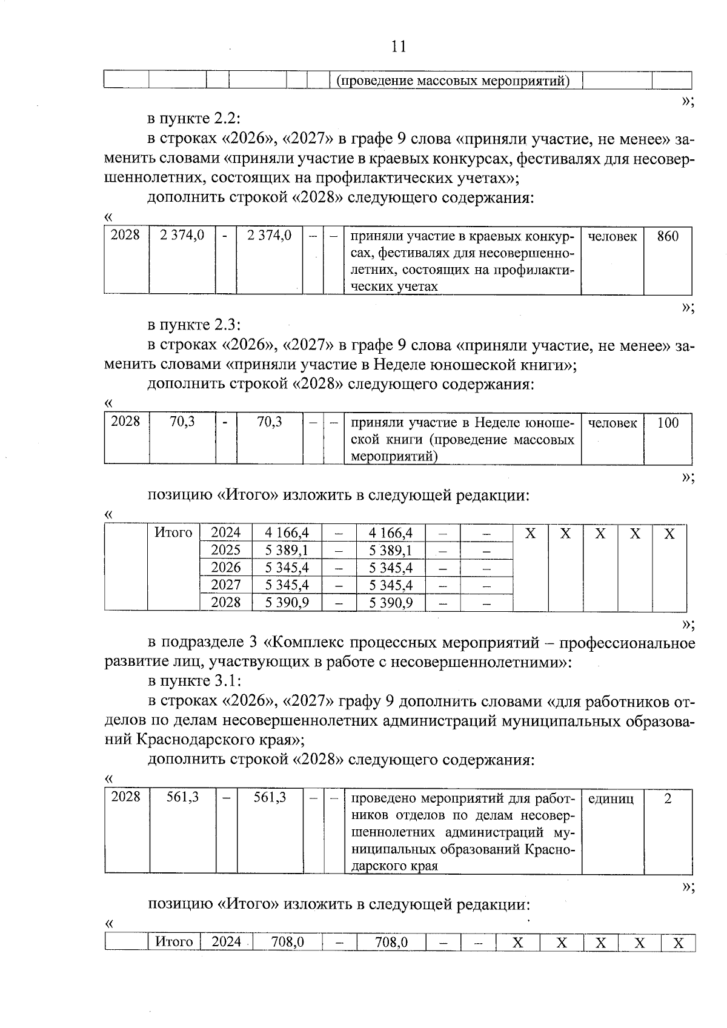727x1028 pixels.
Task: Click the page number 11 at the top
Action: point(399,47)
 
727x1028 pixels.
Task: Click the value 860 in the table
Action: point(668,236)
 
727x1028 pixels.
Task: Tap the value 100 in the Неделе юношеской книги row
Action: point(668,423)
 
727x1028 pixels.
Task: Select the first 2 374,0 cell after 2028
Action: point(182,235)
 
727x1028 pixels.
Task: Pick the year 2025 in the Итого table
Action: point(225,550)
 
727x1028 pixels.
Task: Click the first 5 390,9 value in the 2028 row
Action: point(287,603)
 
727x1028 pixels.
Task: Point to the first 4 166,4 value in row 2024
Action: point(287,533)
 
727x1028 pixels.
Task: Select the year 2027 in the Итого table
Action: point(225,585)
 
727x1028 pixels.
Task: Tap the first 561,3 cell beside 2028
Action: point(182,798)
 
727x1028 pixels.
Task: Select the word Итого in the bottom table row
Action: point(174,942)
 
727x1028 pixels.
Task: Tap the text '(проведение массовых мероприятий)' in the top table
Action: point(453,81)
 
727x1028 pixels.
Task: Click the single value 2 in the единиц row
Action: point(668,799)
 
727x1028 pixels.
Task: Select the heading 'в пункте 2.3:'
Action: point(194,325)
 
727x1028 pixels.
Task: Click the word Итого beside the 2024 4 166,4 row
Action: point(173,533)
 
